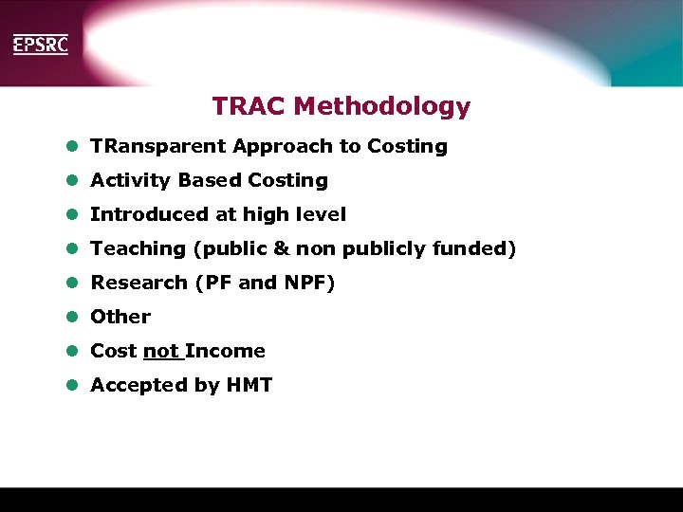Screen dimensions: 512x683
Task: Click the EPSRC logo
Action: pos(40,45)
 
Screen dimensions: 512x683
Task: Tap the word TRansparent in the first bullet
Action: pos(157,147)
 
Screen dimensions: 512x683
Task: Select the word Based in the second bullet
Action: pos(210,180)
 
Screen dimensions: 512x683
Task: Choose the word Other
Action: pos(120,317)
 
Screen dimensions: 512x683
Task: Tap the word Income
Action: pos(226,351)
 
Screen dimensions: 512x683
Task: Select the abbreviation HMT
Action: pos(249,385)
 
